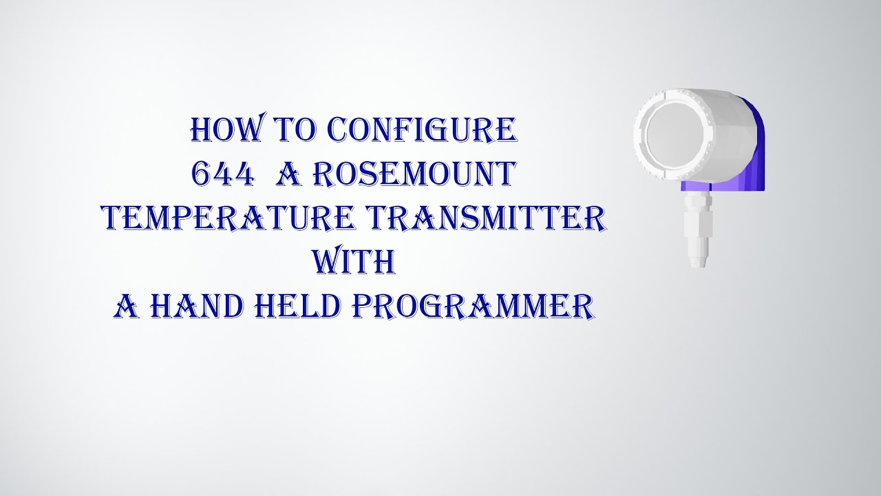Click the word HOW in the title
[220, 131]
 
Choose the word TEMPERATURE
[224, 219]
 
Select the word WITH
[353, 262]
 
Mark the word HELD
[291, 307]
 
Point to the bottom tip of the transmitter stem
[694, 262]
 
